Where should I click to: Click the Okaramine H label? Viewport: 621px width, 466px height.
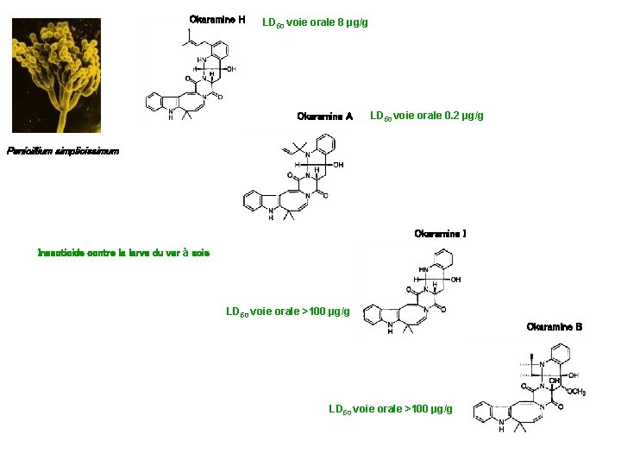217,20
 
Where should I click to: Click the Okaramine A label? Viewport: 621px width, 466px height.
324,116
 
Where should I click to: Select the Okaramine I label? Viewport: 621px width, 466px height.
440,234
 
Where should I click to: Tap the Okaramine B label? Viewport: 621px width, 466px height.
554,327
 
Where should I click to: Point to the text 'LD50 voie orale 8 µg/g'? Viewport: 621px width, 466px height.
315,22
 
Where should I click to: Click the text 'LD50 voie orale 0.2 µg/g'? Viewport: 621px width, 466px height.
426,116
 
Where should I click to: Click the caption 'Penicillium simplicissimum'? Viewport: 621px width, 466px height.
63,151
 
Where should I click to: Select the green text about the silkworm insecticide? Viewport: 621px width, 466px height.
123,253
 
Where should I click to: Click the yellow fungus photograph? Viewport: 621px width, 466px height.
56,76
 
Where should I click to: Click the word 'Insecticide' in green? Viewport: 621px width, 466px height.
61,253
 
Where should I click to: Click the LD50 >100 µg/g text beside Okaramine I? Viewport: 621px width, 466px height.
287,312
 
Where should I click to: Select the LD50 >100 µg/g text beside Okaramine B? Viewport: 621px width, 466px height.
390,408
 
